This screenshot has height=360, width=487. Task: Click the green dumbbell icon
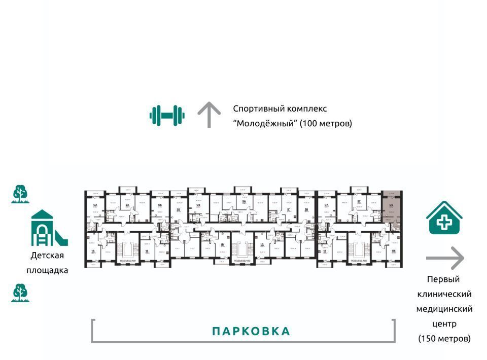point(167,115)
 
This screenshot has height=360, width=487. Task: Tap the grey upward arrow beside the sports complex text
point(207,115)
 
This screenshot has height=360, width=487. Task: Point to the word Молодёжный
point(265,123)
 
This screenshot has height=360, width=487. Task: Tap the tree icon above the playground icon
point(20,194)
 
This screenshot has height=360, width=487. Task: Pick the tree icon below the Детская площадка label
point(20,293)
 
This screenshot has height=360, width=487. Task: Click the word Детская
point(47,256)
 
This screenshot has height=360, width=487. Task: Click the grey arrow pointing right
point(445,258)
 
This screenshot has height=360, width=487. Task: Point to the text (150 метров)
point(444,338)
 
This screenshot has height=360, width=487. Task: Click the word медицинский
point(444,309)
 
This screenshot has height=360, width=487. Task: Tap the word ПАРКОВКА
point(251,332)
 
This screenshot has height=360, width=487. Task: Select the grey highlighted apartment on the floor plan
point(391,208)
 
